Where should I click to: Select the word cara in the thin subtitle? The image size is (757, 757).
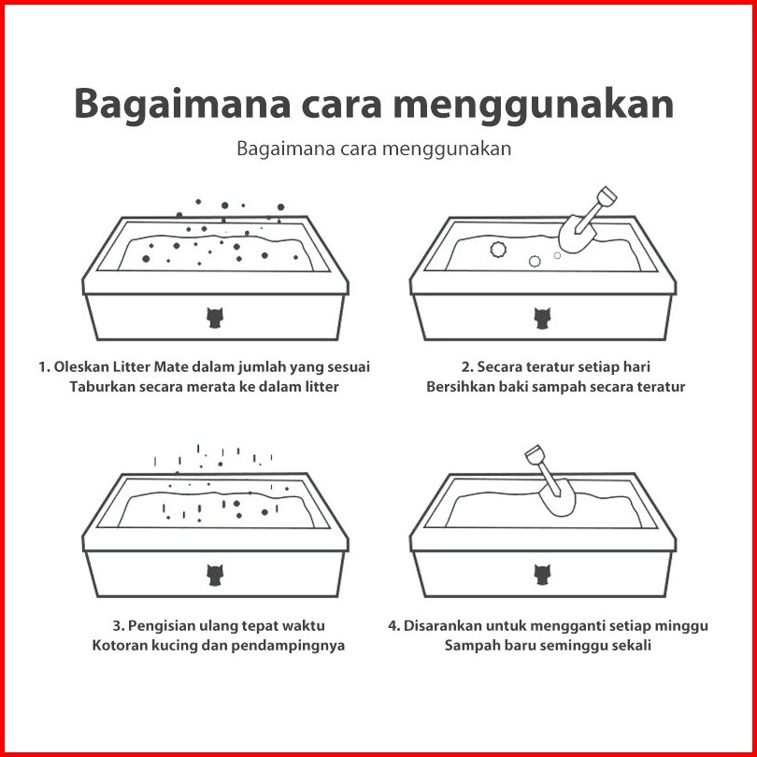coord(359,149)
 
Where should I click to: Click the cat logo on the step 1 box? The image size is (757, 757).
coord(214,318)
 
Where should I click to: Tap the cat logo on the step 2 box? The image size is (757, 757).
coord(542,318)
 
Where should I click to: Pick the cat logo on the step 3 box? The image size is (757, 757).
coord(214,576)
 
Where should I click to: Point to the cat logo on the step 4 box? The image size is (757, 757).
coord(542,576)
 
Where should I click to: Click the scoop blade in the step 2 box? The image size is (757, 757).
coord(577,235)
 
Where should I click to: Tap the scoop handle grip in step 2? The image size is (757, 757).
coord(607,196)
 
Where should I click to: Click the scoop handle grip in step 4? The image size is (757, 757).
coord(535,454)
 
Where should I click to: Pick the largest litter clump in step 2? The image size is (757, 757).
coord(498,250)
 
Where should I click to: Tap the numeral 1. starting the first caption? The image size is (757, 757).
coord(45,367)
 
